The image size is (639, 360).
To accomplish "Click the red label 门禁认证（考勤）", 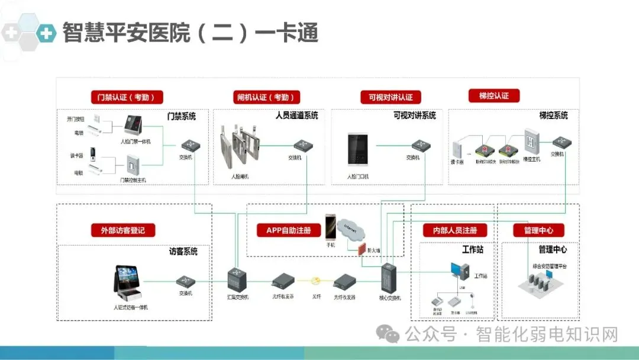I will coord(127,97).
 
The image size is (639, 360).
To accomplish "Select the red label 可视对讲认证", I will coord(390,97).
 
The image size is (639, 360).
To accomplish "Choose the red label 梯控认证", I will coord(493,95).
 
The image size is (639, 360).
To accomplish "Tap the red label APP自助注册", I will coord(288,230).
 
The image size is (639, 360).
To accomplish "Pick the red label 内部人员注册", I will coord(454,230).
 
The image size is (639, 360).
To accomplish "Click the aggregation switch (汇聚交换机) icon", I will coord(238,278).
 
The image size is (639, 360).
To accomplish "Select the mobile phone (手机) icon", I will coord(330,227).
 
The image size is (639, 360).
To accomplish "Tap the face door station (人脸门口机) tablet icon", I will coord(357,149).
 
